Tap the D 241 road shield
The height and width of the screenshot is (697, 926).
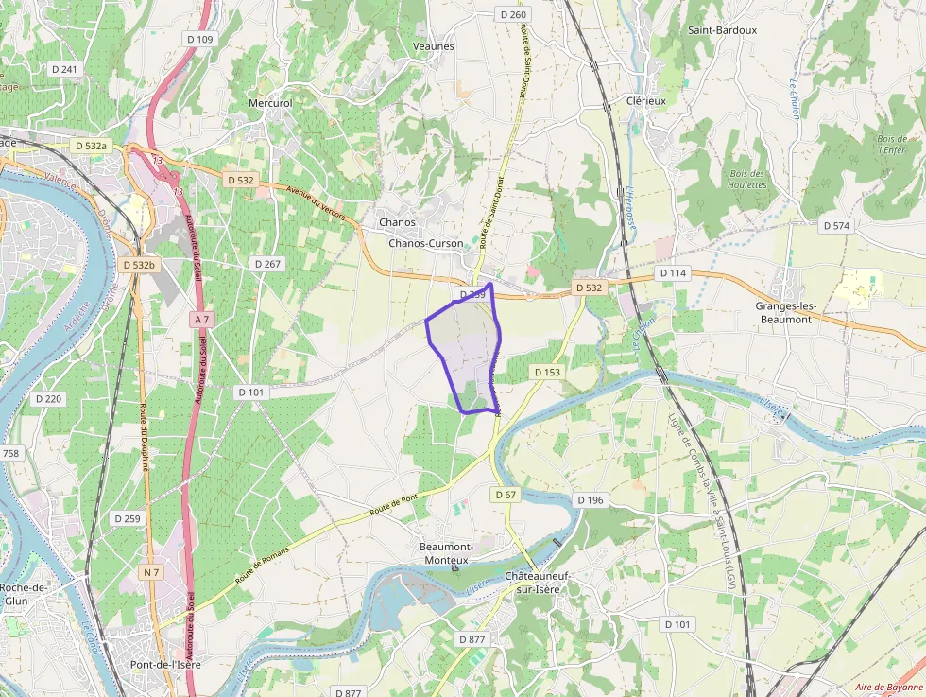(64, 69)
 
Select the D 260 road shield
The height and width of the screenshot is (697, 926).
(512, 14)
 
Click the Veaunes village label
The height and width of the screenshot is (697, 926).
(434, 45)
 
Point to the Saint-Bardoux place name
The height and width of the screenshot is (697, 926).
(723, 29)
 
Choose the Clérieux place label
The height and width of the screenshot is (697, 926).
(646, 100)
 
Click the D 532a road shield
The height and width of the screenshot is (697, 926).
(92, 146)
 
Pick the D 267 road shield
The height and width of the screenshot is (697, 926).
(267, 263)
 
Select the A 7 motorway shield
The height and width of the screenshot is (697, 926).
(201, 320)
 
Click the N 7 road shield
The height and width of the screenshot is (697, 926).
(151, 572)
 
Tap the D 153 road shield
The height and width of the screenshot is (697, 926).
(547, 372)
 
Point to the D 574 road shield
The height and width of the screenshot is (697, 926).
(837, 225)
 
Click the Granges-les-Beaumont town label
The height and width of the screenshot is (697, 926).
(785, 313)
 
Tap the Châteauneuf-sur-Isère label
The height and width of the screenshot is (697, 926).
(534, 583)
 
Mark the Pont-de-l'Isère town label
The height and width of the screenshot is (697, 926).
(165, 664)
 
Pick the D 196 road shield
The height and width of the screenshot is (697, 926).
(590, 499)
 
